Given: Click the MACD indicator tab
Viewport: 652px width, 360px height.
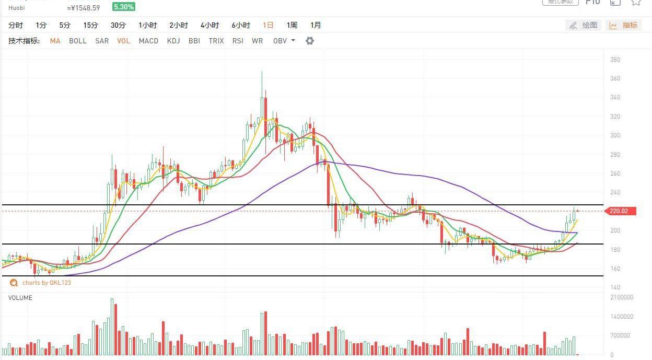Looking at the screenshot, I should pyautogui.click(x=148, y=41).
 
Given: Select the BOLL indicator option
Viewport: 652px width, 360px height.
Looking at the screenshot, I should pyautogui.click(x=78, y=41).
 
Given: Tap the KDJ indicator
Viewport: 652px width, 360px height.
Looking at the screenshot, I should pyautogui.click(x=173, y=41).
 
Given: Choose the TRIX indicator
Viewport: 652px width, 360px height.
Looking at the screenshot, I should pyautogui.click(x=216, y=41).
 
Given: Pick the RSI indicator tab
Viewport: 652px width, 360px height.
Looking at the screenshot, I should pyautogui.click(x=238, y=41).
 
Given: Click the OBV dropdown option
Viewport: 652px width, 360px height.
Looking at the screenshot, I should pyautogui.click(x=284, y=41).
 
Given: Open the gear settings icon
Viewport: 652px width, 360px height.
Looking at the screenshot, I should pyautogui.click(x=310, y=41).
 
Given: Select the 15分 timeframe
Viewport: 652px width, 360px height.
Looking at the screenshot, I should pyautogui.click(x=90, y=25).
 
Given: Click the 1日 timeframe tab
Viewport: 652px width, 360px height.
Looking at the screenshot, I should pyautogui.click(x=268, y=25).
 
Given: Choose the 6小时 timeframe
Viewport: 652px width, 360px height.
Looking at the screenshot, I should pyautogui.click(x=241, y=25).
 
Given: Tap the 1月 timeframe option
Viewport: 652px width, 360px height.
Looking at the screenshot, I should pyautogui.click(x=316, y=25).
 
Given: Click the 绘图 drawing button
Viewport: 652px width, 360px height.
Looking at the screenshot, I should pyautogui.click(x=584, y=25).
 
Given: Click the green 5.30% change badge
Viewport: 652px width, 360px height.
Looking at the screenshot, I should pyautogui.click(x=124, y=7).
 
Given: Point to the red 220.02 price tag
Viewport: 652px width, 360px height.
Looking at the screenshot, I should pyautogui.click(x=620, y=211).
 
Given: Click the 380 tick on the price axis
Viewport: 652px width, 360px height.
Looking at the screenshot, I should pyautogui.click(x=615, y=60).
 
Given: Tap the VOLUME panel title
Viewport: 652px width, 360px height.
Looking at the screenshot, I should pyautogui.click(x=20, y=298).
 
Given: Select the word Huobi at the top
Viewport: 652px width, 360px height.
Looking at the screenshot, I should pyautogui.click(x=17, y=8).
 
